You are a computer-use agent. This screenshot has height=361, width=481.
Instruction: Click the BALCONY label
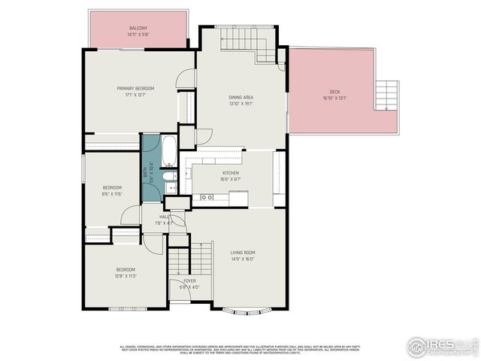[138, 28]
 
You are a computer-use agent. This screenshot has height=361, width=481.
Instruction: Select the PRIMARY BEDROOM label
[135, 89]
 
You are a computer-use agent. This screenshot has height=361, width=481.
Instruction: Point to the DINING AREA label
[240, 97]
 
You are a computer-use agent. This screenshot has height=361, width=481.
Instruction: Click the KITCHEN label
[230, 173]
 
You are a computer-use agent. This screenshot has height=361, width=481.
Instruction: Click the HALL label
[164, 217]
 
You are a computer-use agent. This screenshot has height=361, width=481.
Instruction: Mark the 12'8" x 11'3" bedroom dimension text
[125, 275]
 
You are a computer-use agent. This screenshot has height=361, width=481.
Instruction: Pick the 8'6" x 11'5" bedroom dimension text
[112, 194]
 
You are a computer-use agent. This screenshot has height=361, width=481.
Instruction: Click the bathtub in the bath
[170, 151]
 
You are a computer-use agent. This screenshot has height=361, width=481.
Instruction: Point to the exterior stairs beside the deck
[388, 95]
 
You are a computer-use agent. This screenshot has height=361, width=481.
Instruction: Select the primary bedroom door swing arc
[185, 77]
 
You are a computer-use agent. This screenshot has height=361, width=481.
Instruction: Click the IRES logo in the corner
[440, 346]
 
